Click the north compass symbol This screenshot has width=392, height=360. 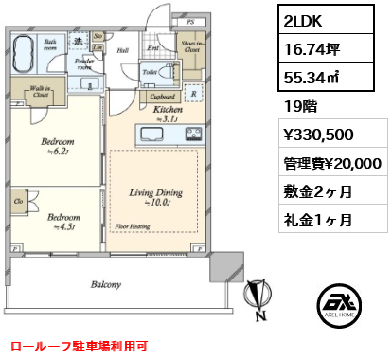coord(255,299)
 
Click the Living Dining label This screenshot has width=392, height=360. coord(151,193)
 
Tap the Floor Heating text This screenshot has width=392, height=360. coord(132,227)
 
